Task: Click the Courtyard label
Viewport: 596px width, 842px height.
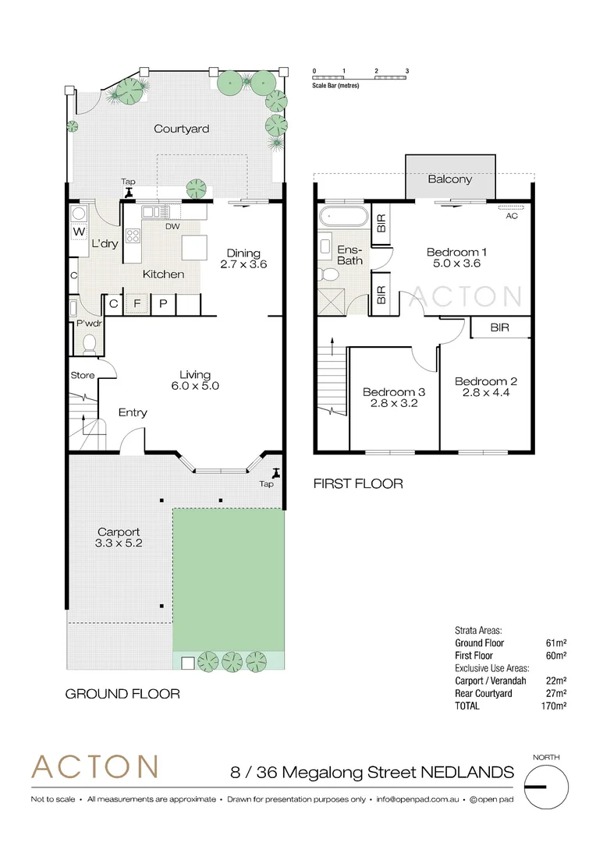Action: (181, 129)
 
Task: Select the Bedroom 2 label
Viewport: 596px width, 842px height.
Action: (486, 387)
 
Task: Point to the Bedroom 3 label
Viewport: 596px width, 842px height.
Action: (394, 398)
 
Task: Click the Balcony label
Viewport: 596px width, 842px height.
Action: (450, 179)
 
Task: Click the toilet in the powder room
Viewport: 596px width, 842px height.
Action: (89, 342)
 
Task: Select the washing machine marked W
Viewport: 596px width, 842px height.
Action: (79, 232)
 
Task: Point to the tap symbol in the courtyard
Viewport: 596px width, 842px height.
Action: (129, 191)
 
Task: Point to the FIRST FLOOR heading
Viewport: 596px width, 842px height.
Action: (357, 483)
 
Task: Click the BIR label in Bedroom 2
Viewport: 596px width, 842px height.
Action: (499, 328)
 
